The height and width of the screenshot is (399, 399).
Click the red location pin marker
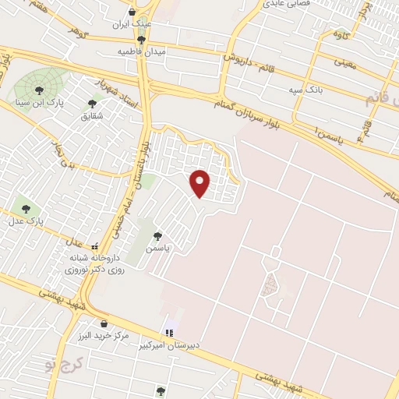[x=200, y=182]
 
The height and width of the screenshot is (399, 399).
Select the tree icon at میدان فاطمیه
[x=140, y=39]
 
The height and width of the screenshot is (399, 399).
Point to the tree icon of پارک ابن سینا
[x=39, y=90]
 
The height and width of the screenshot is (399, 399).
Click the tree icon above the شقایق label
[x=92, y=103]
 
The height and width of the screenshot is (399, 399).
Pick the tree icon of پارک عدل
[x=26, y=209]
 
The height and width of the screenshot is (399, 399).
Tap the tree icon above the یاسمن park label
[x=157, y=235]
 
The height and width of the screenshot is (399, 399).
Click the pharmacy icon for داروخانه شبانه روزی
[x=95, y=246]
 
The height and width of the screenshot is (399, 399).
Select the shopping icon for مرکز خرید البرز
[x=103, y=323]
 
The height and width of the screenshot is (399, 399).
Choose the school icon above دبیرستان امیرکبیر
[x=170, y=332]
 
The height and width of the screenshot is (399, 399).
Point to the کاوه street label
[x=340, y=34]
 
